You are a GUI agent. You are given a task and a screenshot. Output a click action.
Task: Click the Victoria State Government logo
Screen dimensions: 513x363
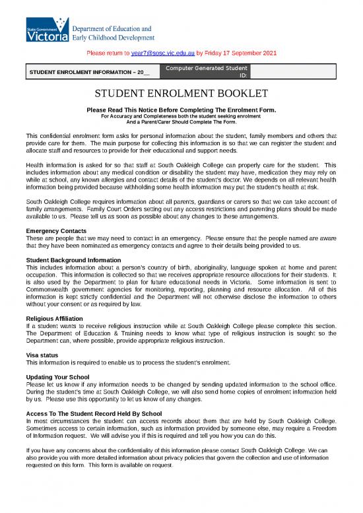point(47,32)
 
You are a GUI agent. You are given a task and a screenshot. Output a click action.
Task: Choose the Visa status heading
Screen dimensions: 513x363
point(43,355)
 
